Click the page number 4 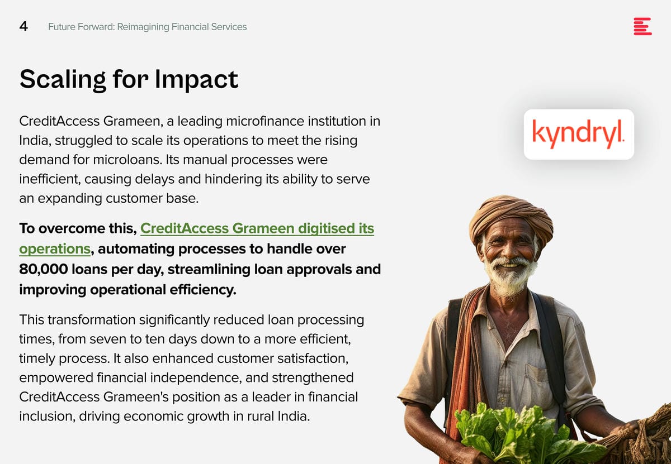coord(23,27)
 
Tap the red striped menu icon coord(642,26)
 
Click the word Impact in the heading coord(196,80)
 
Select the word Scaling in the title coord(63,80)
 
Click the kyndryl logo coord(578,134)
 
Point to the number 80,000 coord(44,269)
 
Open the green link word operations coord(55,249)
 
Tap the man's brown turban coord(511,218)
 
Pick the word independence coord(196,378)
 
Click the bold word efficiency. coord(203,290)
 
